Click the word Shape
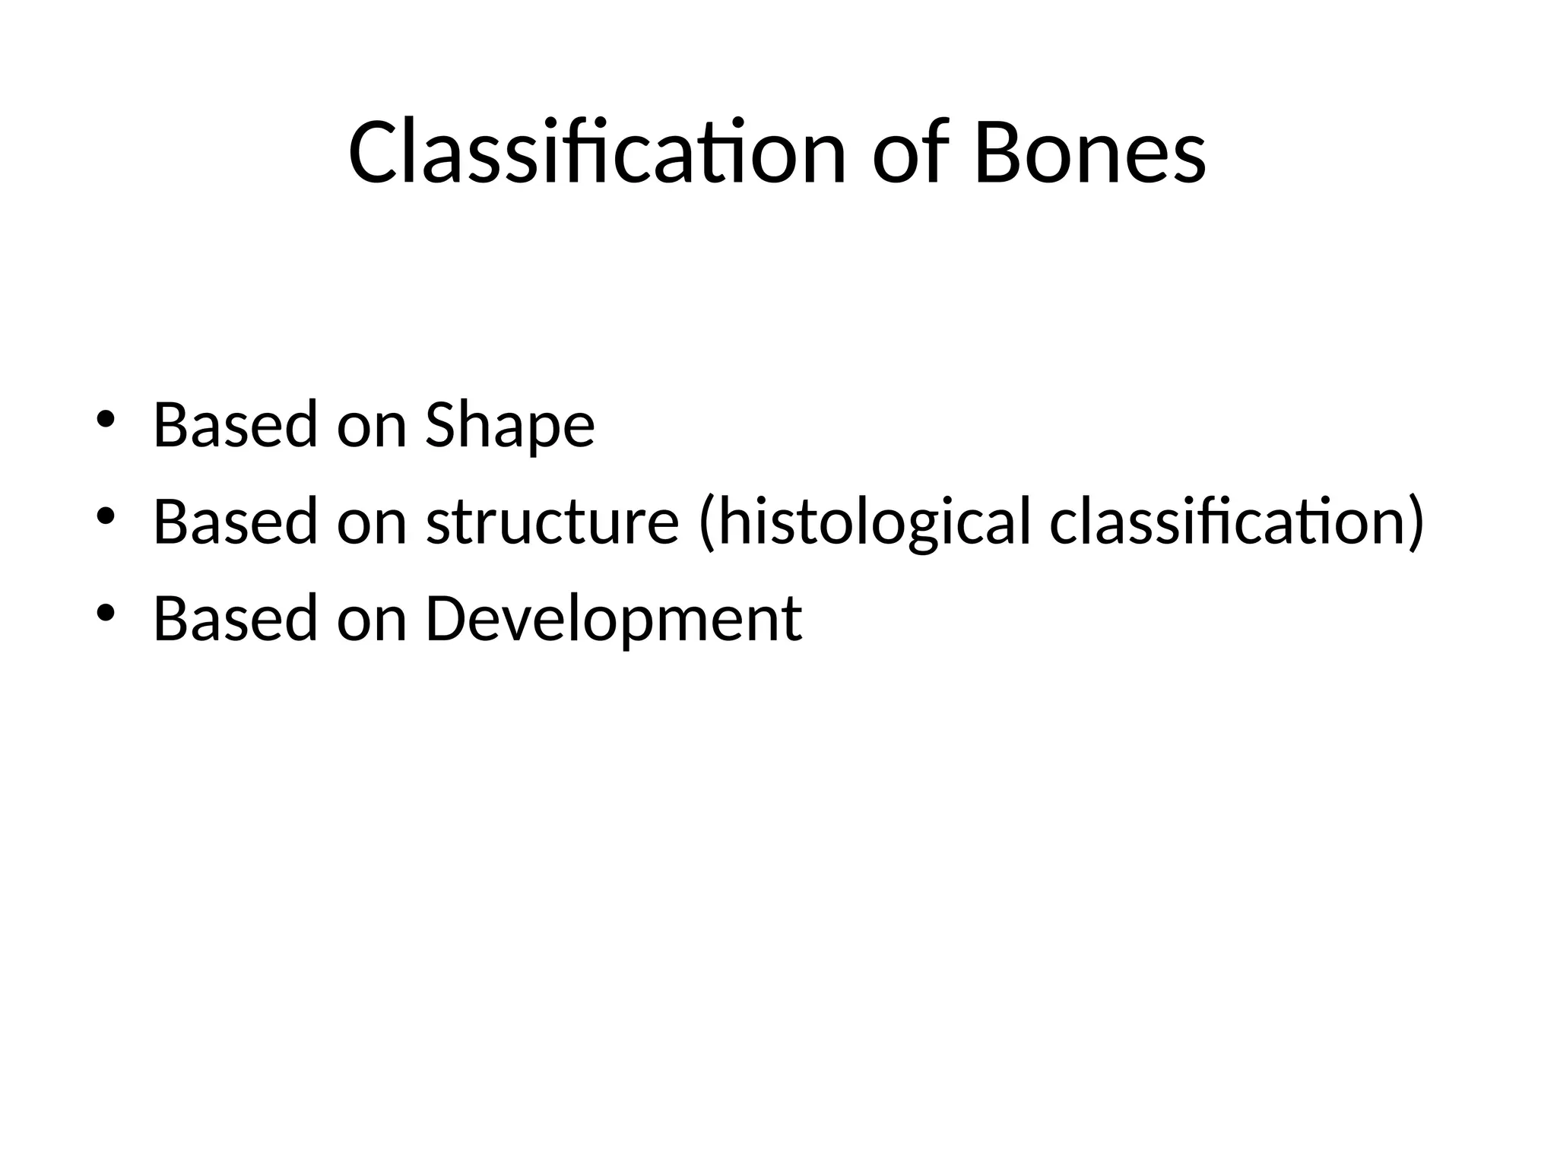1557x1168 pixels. click(x=509, y=426)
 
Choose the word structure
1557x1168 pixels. click(x=552, y=522)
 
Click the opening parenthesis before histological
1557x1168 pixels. click(x=706, y=523)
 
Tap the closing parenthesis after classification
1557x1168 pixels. click(x=1416, y=523)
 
